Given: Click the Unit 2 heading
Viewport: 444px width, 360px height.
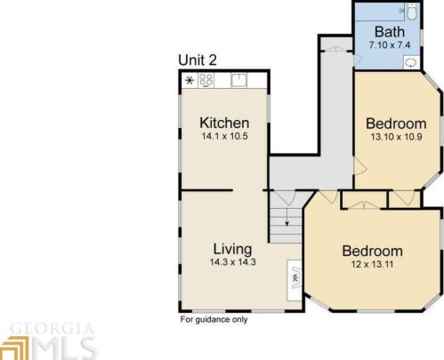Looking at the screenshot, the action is tap(198, 60).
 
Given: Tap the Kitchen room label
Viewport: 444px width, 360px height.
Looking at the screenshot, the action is tap(224, 123).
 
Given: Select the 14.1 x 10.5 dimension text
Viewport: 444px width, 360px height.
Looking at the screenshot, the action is tap(224, 136).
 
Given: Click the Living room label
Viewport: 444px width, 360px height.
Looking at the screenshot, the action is tap(232, 250).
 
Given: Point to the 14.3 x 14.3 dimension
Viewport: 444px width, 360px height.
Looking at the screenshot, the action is tap(233, 262).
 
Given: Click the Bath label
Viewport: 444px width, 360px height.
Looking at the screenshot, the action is tap(390, 32).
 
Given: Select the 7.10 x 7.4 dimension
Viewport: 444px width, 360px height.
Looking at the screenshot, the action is tap(390, 45).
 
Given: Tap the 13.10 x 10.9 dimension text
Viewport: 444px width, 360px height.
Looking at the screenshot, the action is tap(396, 137).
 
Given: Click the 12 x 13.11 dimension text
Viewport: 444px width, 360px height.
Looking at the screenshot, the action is tap(372, 264).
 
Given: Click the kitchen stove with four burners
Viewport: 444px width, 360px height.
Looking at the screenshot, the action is tap(206, 80).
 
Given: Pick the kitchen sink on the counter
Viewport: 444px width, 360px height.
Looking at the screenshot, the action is tap(238, 80).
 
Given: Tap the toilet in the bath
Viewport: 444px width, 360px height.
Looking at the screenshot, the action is tap(412, 12).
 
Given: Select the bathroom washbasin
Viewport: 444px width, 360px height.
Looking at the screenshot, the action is tap(411, 62).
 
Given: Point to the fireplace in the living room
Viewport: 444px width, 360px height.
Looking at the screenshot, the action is tap(295, 280).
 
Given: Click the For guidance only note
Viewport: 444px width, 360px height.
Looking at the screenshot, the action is tap(214, 320).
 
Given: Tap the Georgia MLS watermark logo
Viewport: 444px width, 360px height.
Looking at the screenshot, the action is tap(48, 341).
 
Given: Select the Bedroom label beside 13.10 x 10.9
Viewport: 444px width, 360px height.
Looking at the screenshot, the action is tap(396, 124).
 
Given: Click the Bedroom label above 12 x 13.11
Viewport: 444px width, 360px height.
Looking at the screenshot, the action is tap(372, 251).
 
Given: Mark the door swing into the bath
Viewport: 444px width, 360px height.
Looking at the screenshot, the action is tap(359, 60).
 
